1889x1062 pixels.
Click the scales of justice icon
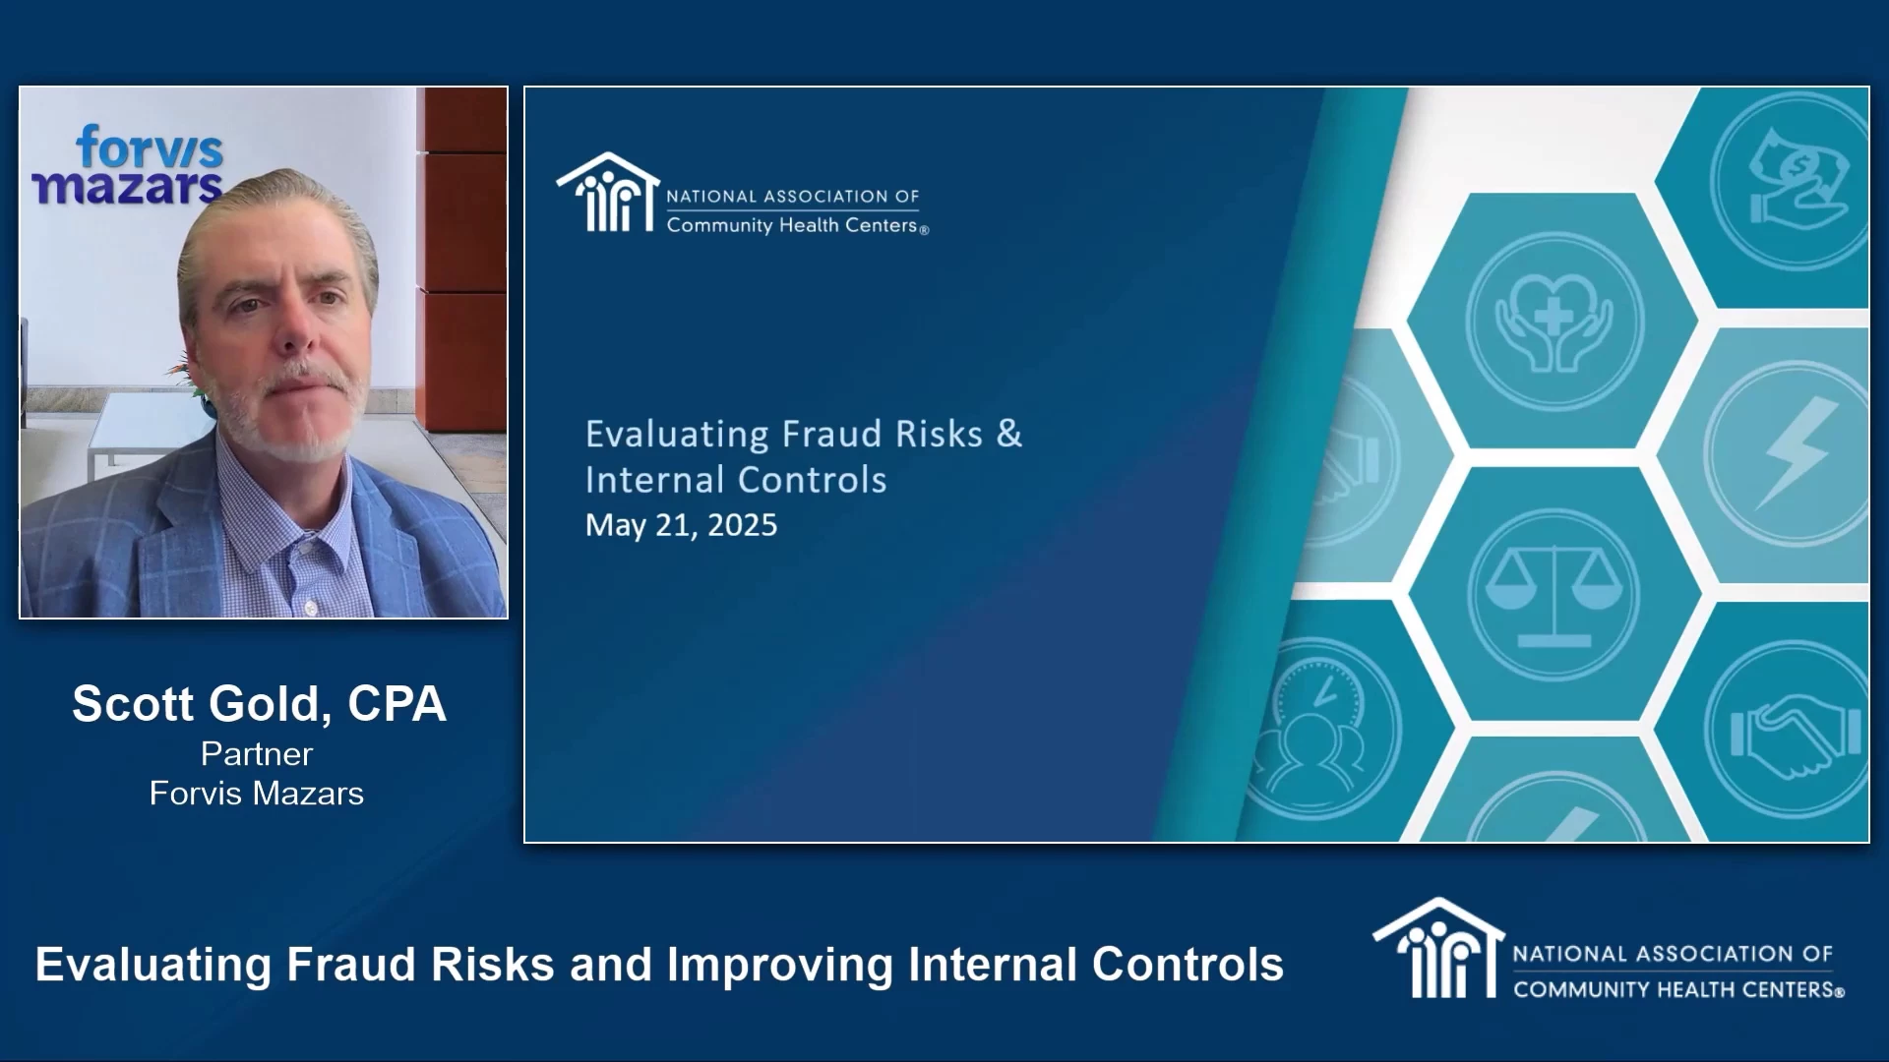1554,595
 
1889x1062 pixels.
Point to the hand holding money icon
1797,177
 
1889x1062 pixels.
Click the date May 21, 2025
681,525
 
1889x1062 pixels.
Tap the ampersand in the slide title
1009,434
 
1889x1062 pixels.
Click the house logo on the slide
607,193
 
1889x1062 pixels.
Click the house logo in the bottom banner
1438,948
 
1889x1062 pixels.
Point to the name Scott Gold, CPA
259,704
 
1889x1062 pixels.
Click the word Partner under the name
257,753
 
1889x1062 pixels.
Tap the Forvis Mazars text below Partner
257,794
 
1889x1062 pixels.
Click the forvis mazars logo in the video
128,165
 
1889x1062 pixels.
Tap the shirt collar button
311,609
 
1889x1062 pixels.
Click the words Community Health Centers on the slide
793,225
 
